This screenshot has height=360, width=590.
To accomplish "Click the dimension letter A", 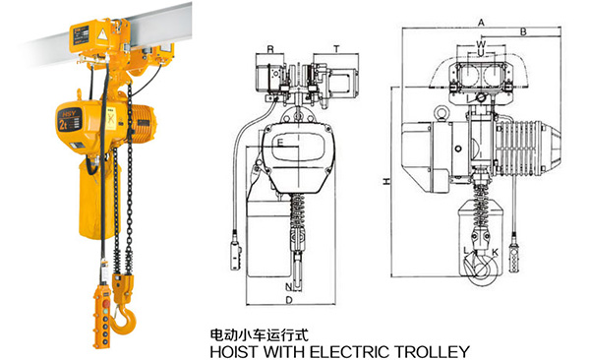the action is pyautogui.click(x=481, y=23).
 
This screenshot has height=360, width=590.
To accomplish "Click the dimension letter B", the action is pyautogui.click(x=523, y=32).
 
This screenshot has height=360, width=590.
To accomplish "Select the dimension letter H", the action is pyautogui.click(x=386, y=181).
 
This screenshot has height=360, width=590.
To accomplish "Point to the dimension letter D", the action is pyautogui.click(x=289, y=300).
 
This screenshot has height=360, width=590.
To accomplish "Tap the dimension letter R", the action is pyautogui.click(x=270, y=49).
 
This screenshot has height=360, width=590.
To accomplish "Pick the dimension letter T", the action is pyautogui.click(x=336, y=49).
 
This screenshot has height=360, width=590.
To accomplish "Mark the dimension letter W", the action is pyautogui.click(x=481, y=44).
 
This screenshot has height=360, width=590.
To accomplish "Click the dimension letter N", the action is pyautogui.click(x=288, y=287).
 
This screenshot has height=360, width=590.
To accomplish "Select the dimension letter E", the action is pyautogui.click(x=279, y=143).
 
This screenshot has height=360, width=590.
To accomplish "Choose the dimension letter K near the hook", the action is pyautogui.click(x=495, y=252).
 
